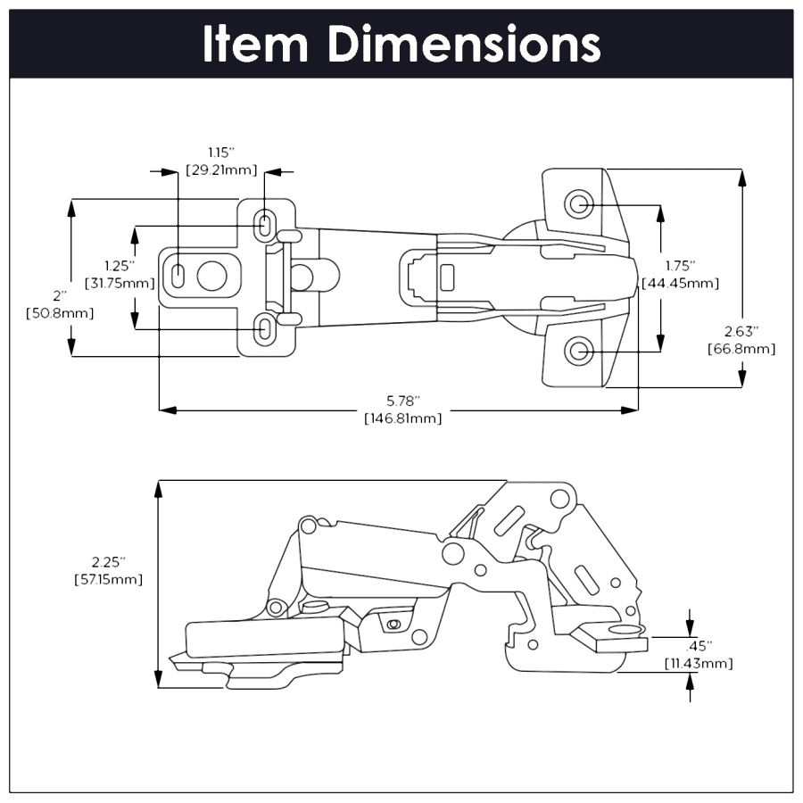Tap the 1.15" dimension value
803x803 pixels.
pos(221,153)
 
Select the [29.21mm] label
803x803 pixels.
pos(221,169)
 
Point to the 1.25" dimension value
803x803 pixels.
pos(119,266)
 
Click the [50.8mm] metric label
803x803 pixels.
pos(60,313)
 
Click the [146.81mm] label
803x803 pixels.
pos(401,418)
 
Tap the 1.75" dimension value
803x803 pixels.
pos(680,266)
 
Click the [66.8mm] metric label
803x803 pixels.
pos(741,348)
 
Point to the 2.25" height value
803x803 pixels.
pos(108,562)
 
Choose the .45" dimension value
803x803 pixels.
pos(700,646)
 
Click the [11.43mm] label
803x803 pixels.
pos(700,663)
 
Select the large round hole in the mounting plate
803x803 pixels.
pos(211,276)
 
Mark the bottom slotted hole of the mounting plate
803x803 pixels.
pos(265,329)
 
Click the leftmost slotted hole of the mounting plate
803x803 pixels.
pos(178,276)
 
